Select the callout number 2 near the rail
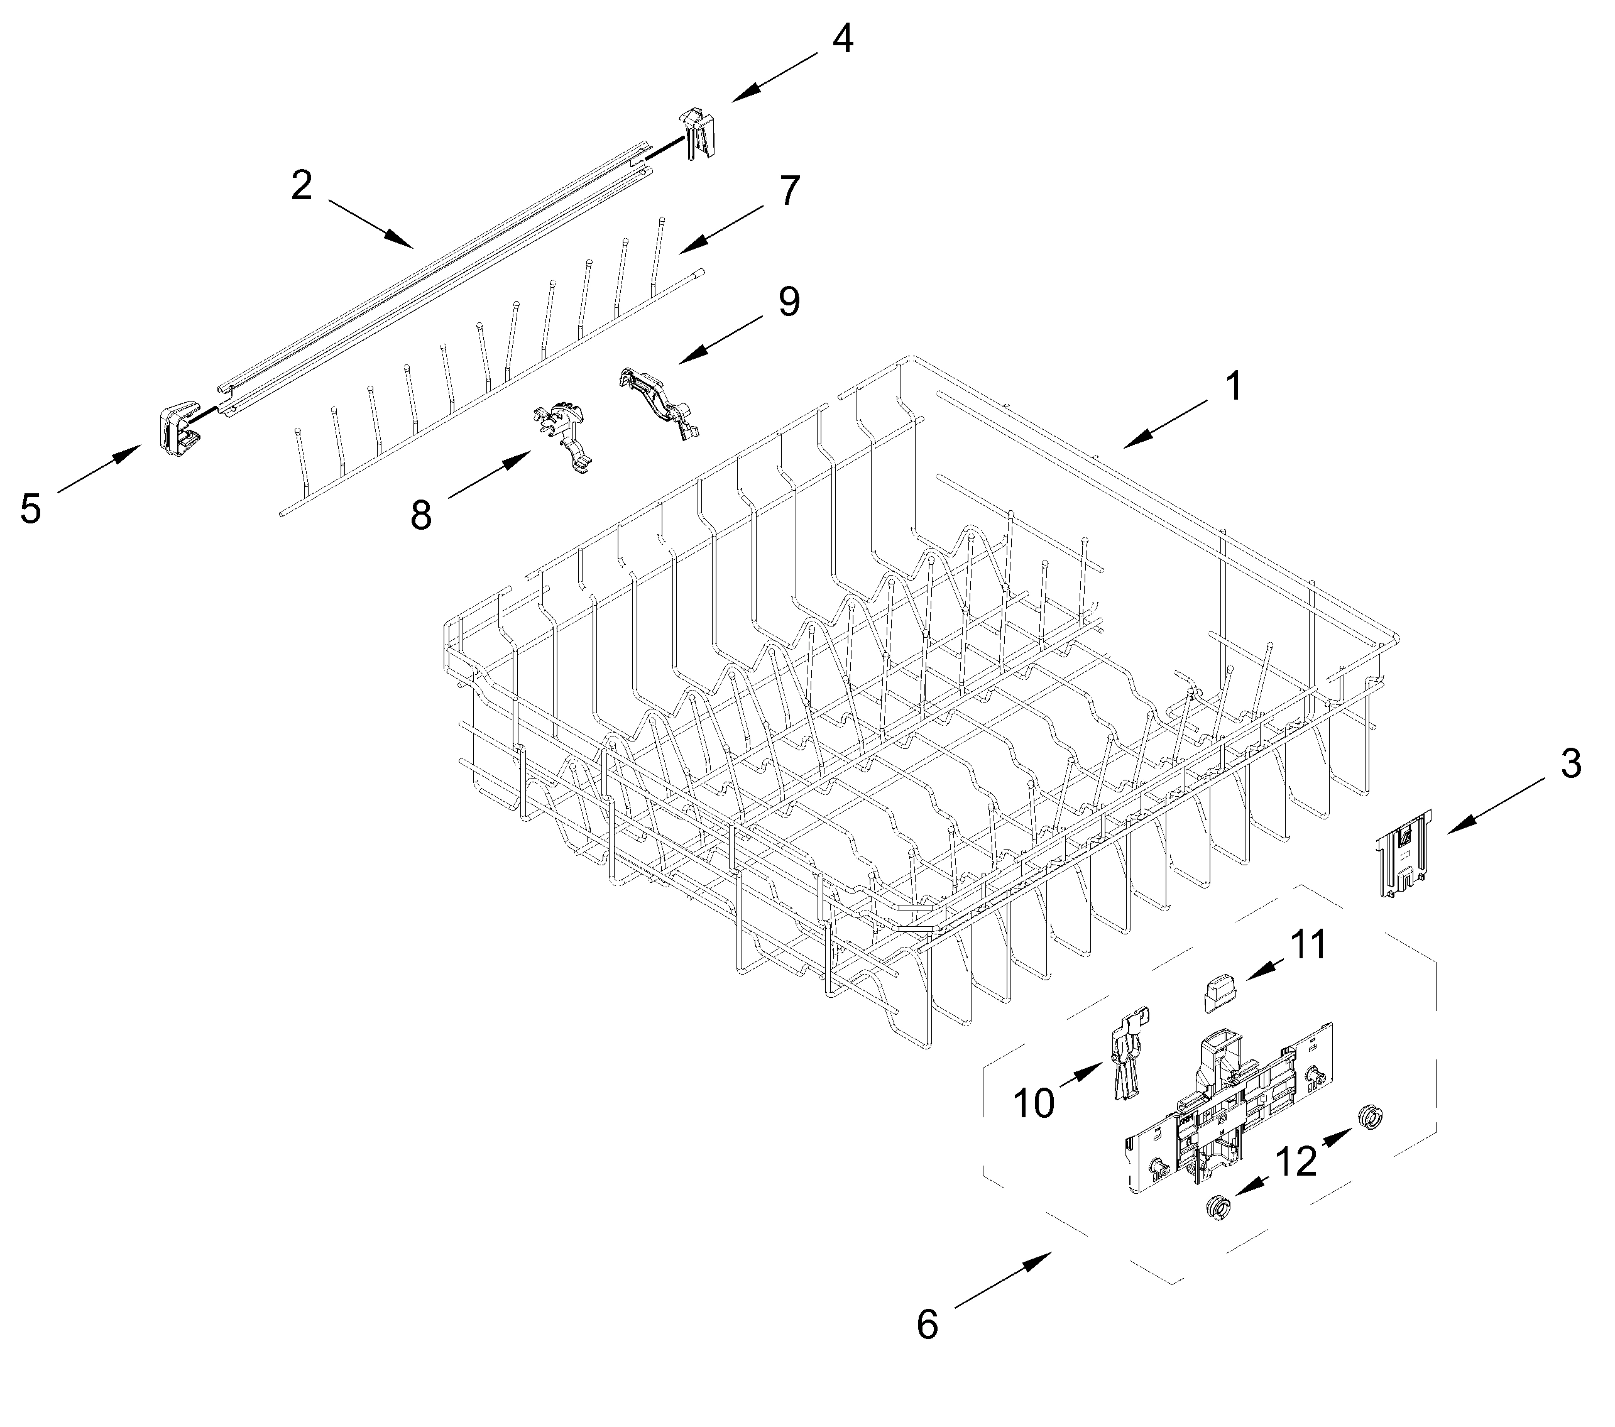pyautogui.click(x=302, y=187)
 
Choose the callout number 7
pyautogui.click(x=789, y=191)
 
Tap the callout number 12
pyautogui.click(x=1296, y=1161)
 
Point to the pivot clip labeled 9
pyautogui.click(x=658, y=402)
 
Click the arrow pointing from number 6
pyautogui.click(x=1003, y=1281)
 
